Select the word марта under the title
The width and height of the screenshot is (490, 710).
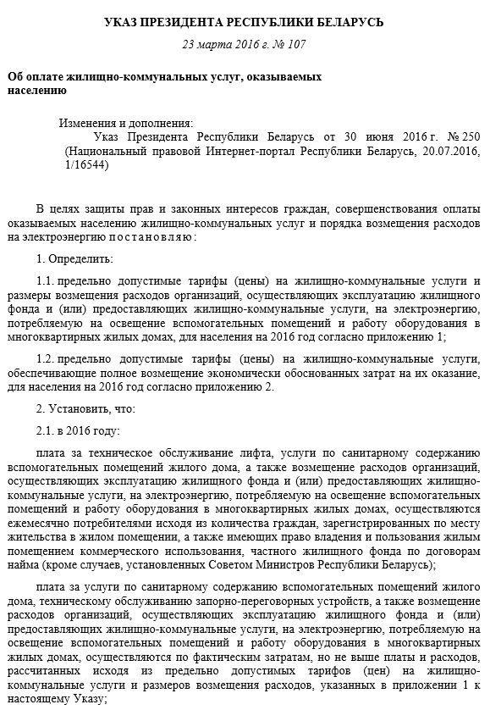click(x=216, y=44)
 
